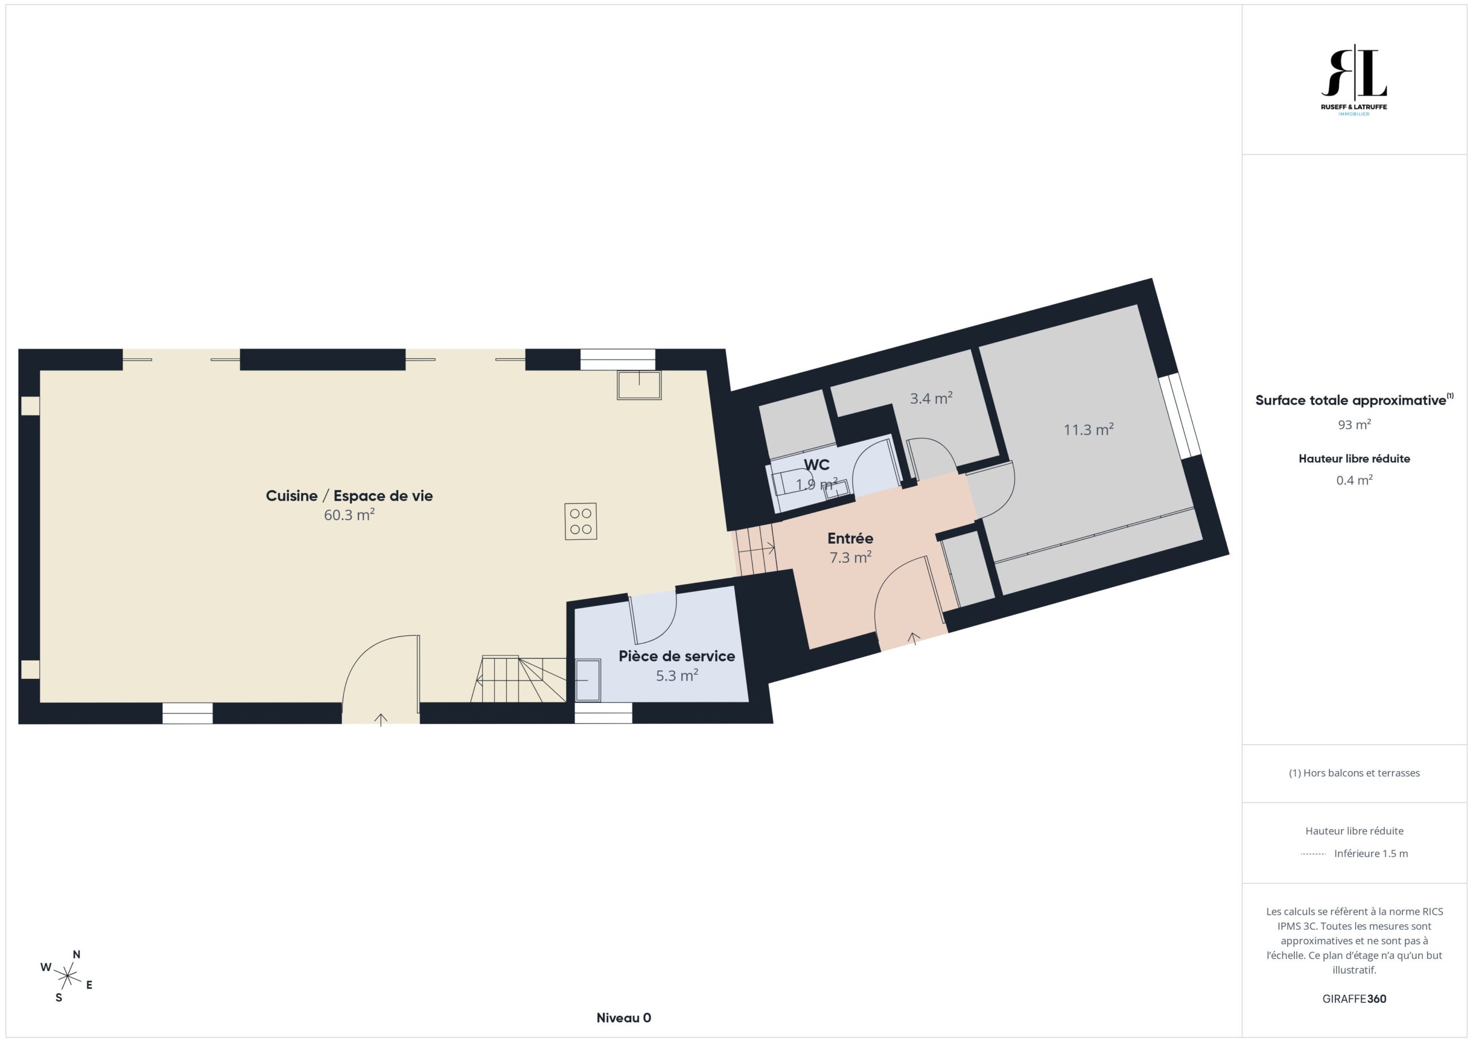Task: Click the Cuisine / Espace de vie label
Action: tap(349, 495)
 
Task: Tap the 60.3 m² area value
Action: tap(349, 514)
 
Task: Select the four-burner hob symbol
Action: tap(581, 522)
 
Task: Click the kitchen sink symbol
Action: tap(639, 385)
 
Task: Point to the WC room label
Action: tap(816, 464)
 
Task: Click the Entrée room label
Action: tap(850, 539)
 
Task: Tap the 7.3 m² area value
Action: tap(850, 557)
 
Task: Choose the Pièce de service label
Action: tap(677, 656)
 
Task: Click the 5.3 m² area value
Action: tap(677, 675)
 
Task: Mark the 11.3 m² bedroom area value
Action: tap(1089, 429)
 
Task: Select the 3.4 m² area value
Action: tap(931, 398)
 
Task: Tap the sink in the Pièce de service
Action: tap(587, 680)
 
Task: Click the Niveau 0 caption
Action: tap(624, 1018)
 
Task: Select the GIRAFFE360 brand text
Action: tap(1354, 998)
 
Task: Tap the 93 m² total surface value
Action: tap(1354, 424)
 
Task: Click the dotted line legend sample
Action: tap(1313, 854)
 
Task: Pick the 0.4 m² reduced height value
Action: tap(1354, 480)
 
